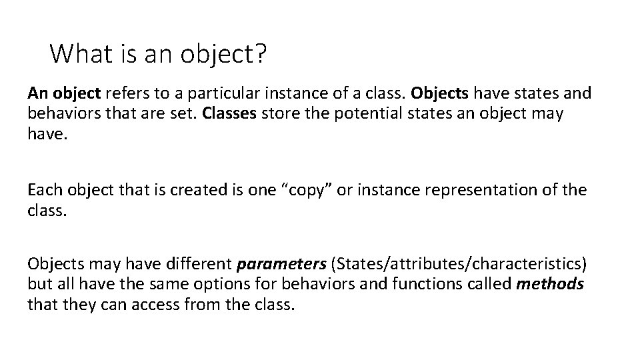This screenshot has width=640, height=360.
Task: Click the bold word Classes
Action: [227, 113]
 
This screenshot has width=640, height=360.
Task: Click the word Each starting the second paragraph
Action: [45, 190]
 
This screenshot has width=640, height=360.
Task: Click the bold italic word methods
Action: [551, 283]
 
